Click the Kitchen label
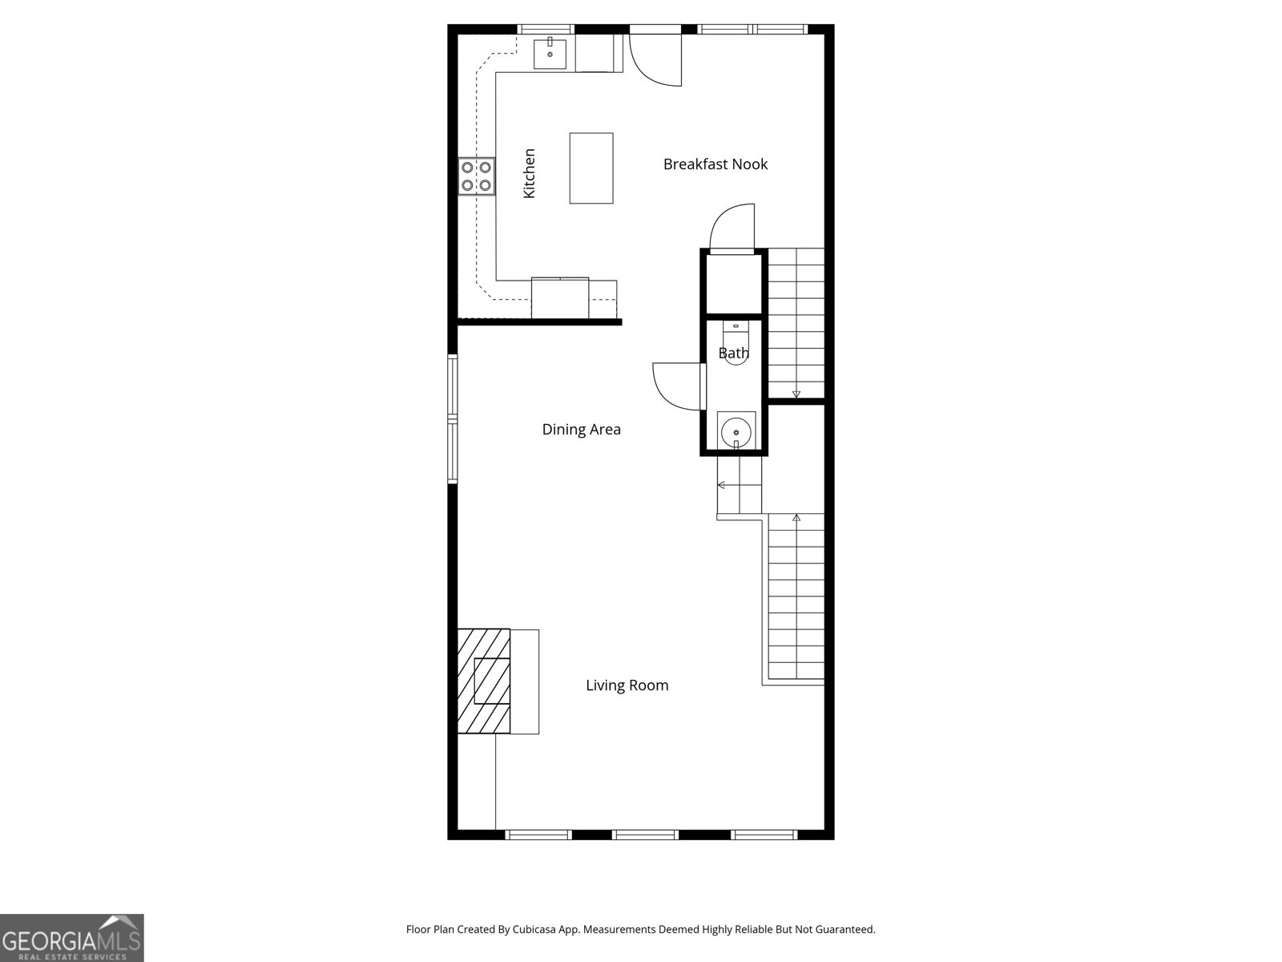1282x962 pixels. click(529, 173)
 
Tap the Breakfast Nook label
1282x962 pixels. click(715, 164)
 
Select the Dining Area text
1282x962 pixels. click(581, 430)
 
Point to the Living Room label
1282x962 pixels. click(627, 685)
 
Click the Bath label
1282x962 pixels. click(733, 353)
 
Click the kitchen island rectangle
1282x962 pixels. click(591, 168)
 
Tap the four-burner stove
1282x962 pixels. click(476, 176)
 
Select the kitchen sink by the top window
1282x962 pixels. click(550, 54)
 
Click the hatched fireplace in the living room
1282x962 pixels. click(484, 681)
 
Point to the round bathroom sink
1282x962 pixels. click(736, 432)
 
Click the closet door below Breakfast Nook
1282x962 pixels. click(731, 226)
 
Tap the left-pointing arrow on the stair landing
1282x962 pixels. click(722, 485)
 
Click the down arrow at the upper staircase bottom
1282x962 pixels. click(796, 394)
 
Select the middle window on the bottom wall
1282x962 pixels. click(645, 835)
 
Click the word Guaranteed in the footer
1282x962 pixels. click(844, 930)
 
